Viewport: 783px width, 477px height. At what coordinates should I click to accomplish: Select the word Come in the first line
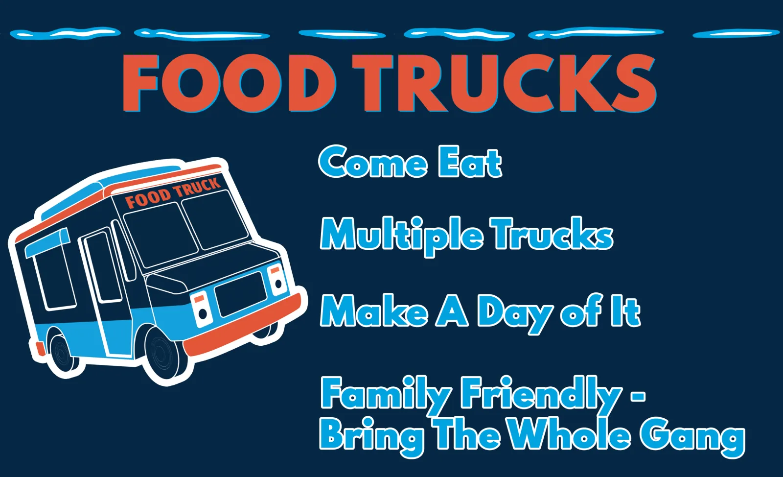pos(373,162)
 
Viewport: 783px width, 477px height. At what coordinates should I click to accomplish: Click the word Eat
pos(470,162)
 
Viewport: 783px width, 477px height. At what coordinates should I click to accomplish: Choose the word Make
pos(374,310)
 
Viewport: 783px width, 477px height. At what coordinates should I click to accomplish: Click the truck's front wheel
pos(163,355)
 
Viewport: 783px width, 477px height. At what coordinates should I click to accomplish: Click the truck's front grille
pos(240,294)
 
